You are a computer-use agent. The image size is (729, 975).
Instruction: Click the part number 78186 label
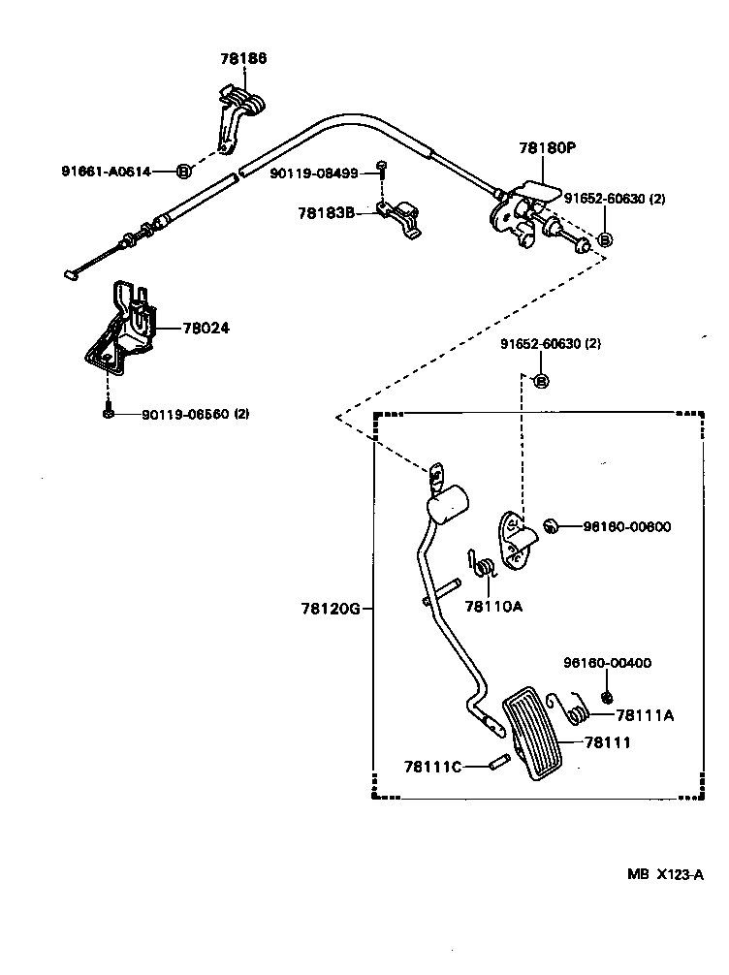[x=242, y=59]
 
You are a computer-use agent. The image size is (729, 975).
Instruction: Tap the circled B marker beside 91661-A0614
[x=183, y=172]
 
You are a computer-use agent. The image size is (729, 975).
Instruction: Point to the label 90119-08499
[x=315, y=173]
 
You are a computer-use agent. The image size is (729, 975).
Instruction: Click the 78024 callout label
[x=206, y=328]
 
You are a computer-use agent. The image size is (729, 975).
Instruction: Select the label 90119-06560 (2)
[x=195, y=414]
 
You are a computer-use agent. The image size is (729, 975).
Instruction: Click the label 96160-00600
[x=627, y=526]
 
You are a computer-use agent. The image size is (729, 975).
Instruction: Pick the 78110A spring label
[x=492, y=607]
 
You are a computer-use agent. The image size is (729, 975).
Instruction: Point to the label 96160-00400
[x=607, y=663]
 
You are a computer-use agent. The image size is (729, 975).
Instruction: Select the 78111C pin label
[x=433, y=766]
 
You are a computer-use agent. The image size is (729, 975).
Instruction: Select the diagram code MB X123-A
[x=664, y=874]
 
